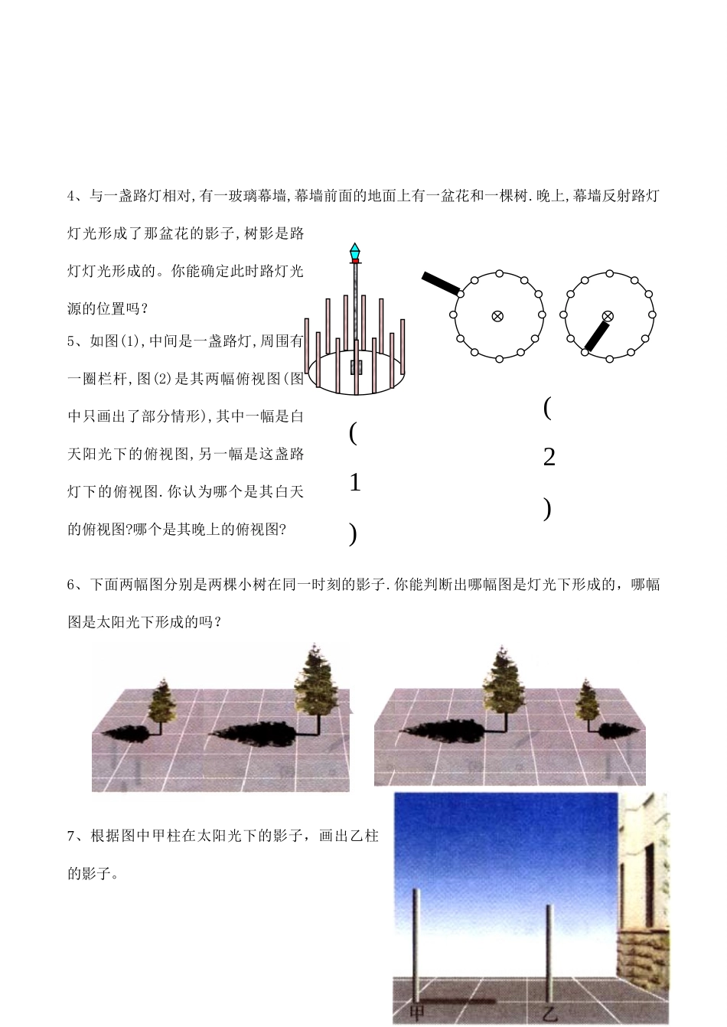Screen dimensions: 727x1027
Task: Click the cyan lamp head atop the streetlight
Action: pyautogui.click(x=355, y=251)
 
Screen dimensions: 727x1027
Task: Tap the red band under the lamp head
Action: pyautogui.click(x=355, y=261)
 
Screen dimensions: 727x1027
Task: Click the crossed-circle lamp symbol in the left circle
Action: pyautogui.click(x=497, y=316)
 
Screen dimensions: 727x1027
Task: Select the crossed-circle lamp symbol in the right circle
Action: pyautogui.click(x=608, y=316)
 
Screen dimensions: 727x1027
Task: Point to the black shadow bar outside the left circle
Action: pyautogui.click(x=441, y=284)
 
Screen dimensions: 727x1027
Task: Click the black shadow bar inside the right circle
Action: pyautogui.click(x=597, y=337)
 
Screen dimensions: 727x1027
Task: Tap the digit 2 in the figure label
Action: pyautogui.click(x=549, y=457)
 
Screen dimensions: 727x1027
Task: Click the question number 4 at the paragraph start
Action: pyautogui.click(x=71, y=196)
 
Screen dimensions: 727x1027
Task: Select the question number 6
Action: pyautogui.click(x=71, y=585)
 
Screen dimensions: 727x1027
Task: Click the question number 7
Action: pyautogui.click(x=71, y=836)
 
